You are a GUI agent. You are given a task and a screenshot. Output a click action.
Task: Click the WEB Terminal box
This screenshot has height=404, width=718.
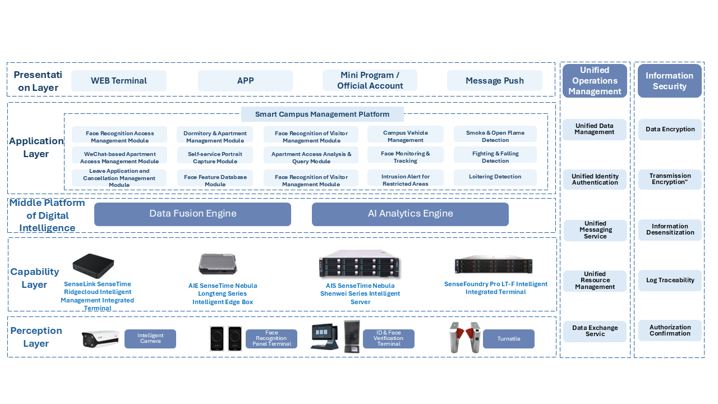pos(119,81)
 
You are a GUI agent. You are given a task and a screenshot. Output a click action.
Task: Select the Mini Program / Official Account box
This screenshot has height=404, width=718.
pos(370,81)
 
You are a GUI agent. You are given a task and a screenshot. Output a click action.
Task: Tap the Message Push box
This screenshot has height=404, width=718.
pos(494,81)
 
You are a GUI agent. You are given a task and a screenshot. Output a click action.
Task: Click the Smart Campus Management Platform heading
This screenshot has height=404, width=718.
pos(322,114)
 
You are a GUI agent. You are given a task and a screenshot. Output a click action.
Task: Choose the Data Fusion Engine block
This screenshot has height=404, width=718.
pos(192,214)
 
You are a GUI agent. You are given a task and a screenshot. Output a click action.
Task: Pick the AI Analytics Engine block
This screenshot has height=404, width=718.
pos(410,214)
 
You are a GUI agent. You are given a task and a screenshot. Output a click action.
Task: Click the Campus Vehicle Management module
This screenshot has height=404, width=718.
pos(405,136)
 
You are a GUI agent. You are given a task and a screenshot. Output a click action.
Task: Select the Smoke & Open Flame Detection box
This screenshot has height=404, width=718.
pos(495,136)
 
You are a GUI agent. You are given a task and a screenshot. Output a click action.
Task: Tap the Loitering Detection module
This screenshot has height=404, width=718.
pos(495,177)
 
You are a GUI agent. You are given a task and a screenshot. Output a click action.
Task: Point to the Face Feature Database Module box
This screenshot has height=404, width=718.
pos(215,180)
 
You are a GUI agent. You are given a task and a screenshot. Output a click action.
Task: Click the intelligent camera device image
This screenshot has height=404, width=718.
pos(101,339)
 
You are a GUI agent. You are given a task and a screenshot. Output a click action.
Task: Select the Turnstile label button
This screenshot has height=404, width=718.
pos(508,339)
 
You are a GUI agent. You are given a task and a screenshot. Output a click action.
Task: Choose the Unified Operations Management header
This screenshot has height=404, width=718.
pos(595,81)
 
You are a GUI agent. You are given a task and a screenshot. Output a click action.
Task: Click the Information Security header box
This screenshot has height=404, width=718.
pos(669,81)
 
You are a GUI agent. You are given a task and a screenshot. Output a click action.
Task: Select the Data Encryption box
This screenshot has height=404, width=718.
pos(670,129)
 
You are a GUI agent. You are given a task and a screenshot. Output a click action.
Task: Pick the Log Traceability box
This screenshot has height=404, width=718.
pos(670,280)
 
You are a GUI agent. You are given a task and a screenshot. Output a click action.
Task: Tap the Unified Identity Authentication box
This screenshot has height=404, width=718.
pos(595,180)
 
